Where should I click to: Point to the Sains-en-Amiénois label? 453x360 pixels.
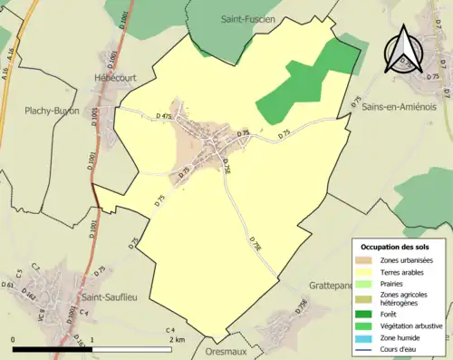pyautogui.click(x=401, y=106)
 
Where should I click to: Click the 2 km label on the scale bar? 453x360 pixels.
pyautogui.click(x=178, y=339)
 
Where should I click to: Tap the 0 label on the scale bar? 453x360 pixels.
pyautogui.click(x=14, y=339)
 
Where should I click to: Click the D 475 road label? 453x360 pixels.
pyautogui.click(x=164, y=117)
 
